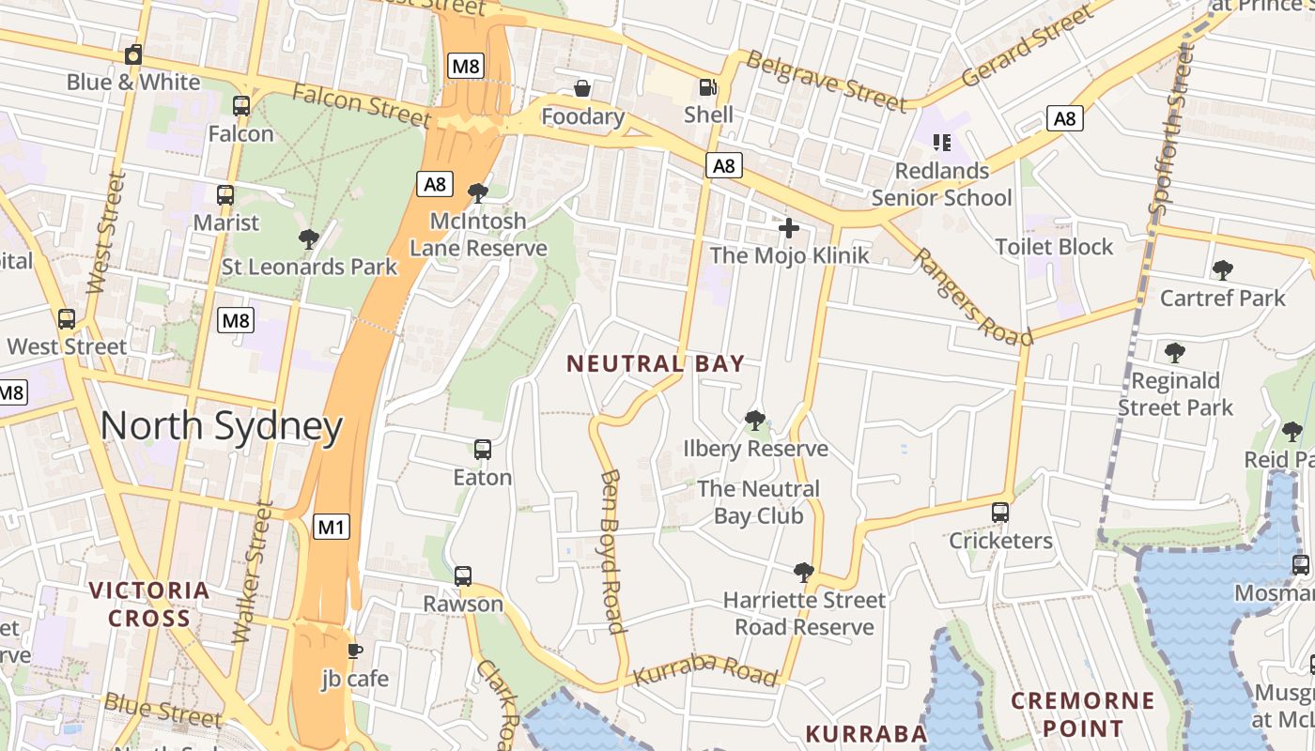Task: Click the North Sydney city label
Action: [222, 427]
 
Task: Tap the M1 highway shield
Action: [331, 527]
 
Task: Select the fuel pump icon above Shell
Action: [707, 87]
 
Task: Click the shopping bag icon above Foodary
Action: [582, 88]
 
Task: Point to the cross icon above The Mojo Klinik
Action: [789, 227]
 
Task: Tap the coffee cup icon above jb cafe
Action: [354, 650]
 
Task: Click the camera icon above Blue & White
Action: [133, 54]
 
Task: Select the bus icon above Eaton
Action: [483, 449]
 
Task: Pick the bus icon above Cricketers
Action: [1000, 513]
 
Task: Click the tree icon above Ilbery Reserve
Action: [754, 420]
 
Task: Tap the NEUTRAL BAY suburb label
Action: [656, 363]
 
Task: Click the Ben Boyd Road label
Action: [611, 551]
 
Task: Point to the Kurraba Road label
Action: [705, 669]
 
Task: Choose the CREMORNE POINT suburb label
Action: [1082, 713]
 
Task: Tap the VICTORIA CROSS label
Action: [149, 604]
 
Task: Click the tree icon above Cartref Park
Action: [1222, 270]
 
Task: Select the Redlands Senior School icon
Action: [941, 143]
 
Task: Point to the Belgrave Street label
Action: [826, 81]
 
